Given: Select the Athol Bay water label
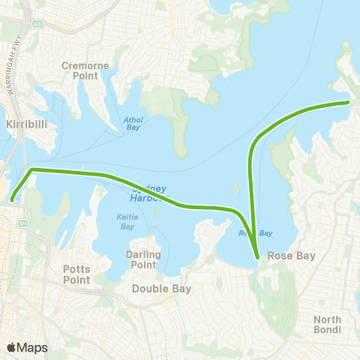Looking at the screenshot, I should (132, 124).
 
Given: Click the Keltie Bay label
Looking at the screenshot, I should (125, 222).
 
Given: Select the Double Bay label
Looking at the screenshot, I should (161, 288).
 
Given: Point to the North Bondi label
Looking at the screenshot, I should (327, 324).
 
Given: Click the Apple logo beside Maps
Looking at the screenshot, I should (11, 347).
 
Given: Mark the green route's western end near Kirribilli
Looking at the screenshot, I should (13, 199).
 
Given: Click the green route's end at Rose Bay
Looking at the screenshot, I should (258, 258).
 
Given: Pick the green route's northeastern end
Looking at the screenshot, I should (349, 101).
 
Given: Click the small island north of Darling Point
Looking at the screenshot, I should (158, 213).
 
